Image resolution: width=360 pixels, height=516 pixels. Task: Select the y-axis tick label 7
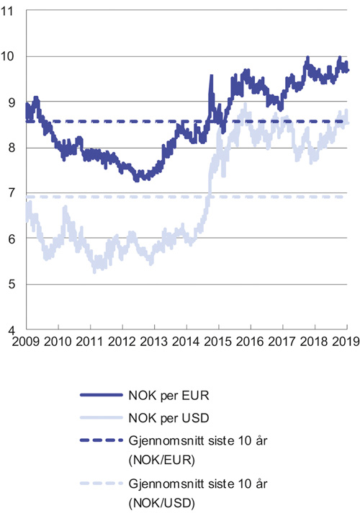[14, 193]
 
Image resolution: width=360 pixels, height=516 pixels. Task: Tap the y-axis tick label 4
[14, 329]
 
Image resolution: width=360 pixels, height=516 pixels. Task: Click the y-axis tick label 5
[14, 284]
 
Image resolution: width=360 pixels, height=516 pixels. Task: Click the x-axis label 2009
[25, 342]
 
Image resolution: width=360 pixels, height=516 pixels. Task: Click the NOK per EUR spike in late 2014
[211, 76]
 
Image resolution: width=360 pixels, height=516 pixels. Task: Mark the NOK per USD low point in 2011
[95, 270]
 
